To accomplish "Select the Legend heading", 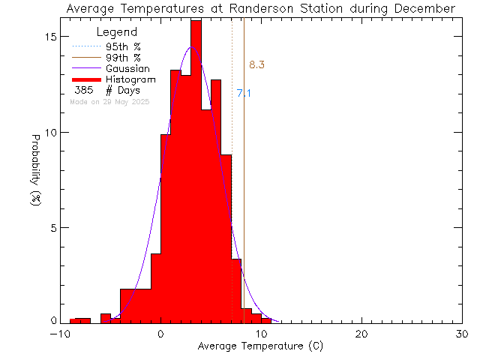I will click(x=118, y=32).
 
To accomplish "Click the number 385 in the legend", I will click(x=84, y=91).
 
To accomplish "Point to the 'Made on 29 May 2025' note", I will click(x=109, y=101).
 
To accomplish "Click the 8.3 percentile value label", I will click(x=256, y=65).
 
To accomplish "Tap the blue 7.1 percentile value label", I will click(x=244, y=94).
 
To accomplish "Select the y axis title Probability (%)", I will click(x=35, y=178).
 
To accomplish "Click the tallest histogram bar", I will click(x=196, y=172).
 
